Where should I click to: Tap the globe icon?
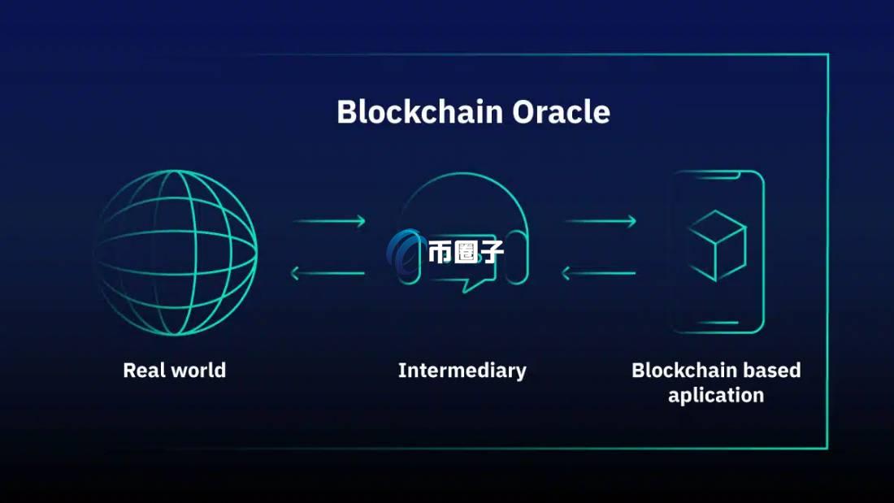coord(176,252)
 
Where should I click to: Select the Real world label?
coord(174,371)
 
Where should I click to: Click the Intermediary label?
coord(462,371)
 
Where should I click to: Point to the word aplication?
coord(716,396)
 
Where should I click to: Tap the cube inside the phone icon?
coord(717,245)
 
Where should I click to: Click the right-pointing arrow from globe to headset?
coord(328,221)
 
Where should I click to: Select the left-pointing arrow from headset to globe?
coord(328,274)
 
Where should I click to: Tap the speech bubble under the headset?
coord(462,280)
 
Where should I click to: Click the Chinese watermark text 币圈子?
coord(466,251)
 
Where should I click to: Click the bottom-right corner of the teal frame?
coord(827,447)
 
